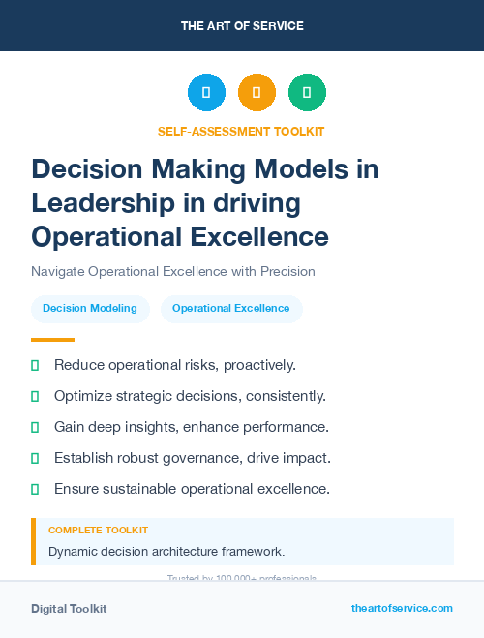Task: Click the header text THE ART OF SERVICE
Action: pos(242,26)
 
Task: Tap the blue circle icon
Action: pos(206,93)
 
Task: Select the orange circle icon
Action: pos(257,93)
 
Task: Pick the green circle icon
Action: pos(307,93)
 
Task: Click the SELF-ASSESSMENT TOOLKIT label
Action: pos(242,131)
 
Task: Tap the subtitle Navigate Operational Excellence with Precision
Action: pos(173,272)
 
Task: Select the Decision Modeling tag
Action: pos(90,309)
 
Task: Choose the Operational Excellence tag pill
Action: pos(231,309)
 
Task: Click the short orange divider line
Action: pos(52,340)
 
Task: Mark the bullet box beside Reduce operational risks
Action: pos(35,365)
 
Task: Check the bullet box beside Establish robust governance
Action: pos(35,458)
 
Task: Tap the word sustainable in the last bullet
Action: pos(142,489)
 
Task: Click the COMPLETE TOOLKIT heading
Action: pos(98,531)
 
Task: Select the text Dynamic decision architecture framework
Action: pos(166,552)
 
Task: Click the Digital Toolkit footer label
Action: pos(69,609)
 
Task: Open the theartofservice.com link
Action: pos(402,608)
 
